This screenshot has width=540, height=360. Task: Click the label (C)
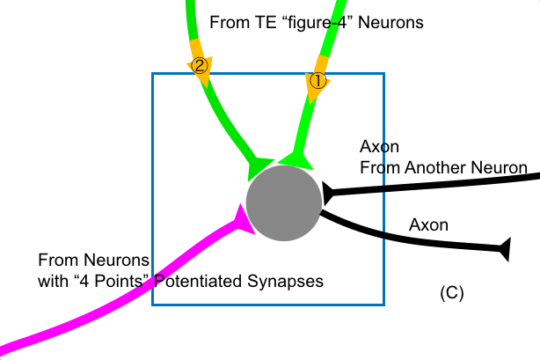(451, 292)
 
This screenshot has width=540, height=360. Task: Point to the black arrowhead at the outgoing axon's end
(504, 250)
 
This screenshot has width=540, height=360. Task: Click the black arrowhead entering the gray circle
(330, 191)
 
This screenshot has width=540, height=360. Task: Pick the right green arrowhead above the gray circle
(297, 158)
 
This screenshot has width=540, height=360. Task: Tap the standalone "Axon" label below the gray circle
(429, 225)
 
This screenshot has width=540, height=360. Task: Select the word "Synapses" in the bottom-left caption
(292, 282)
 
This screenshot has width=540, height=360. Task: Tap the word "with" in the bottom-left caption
(54, 282)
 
